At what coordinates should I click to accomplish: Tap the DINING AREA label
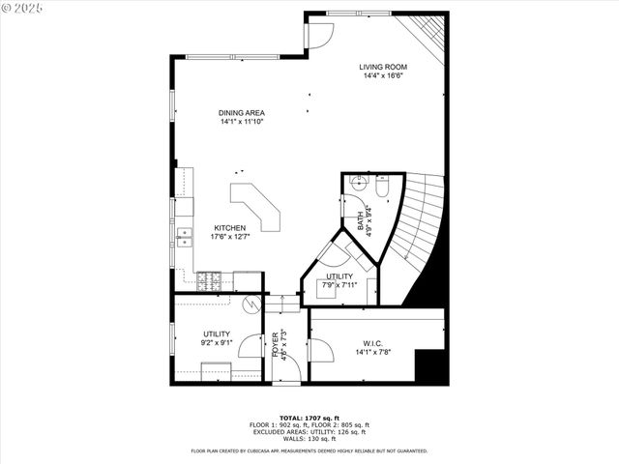pos(241,113)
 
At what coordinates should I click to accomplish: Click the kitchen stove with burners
pos(208,281)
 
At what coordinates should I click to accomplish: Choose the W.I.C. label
pos(373,342)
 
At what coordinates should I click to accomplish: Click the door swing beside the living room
pos(319,33)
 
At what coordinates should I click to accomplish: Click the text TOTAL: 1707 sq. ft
pos(309,418)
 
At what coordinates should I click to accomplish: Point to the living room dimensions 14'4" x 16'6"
pos(383,75)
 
